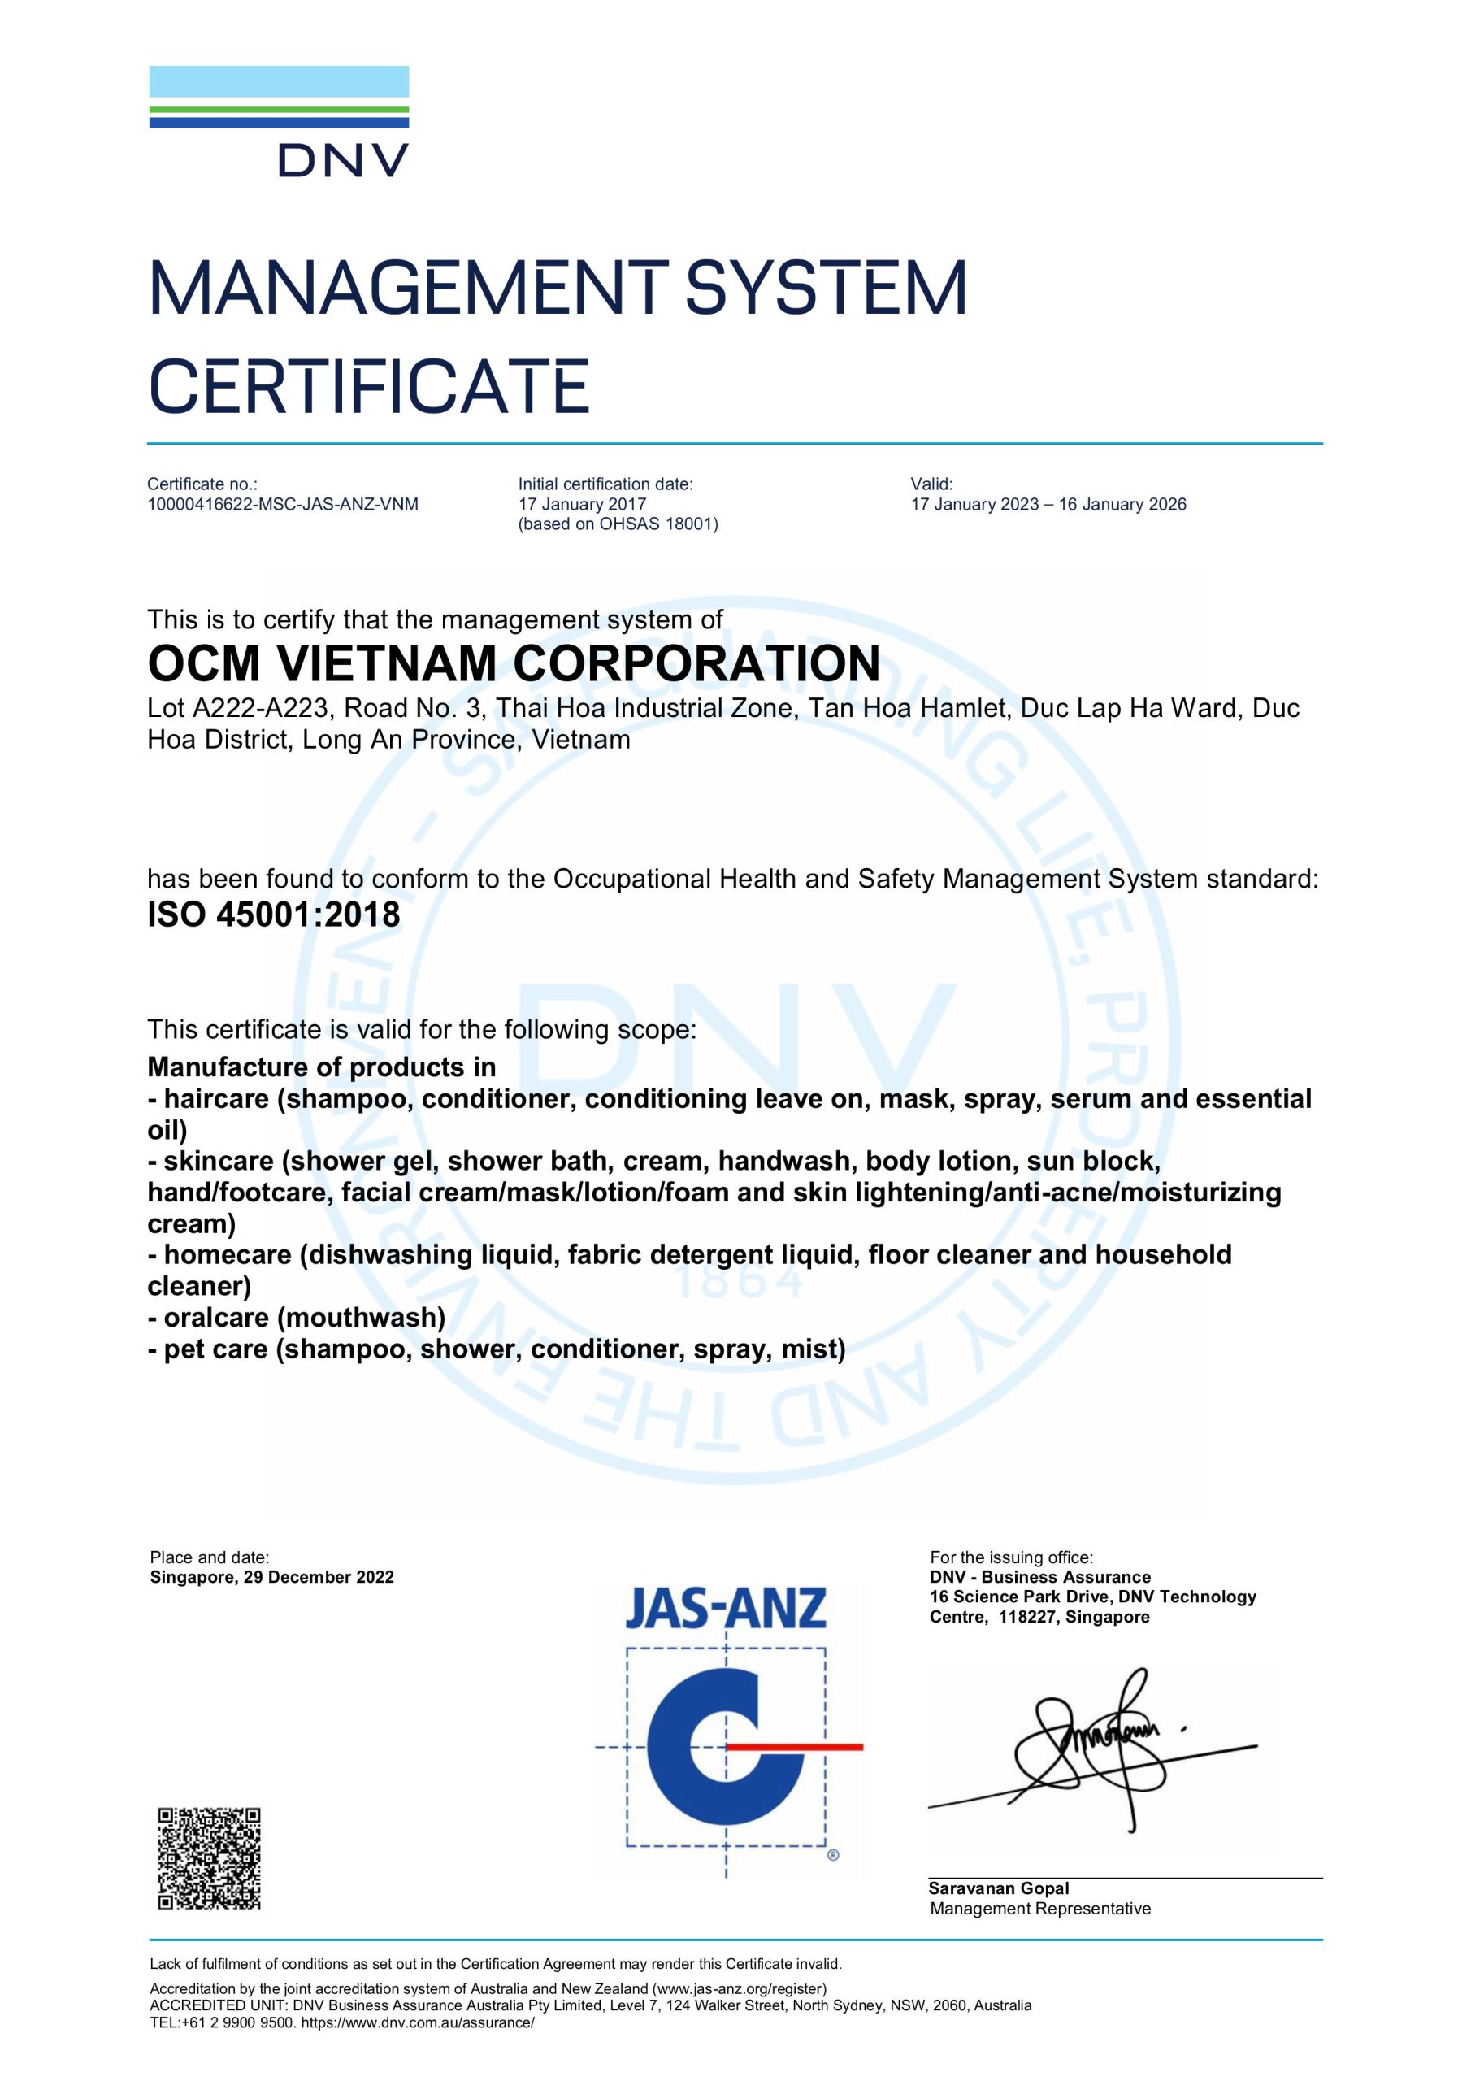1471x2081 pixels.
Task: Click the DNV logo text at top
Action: (343, 160)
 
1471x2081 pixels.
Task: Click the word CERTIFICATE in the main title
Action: (369, 386)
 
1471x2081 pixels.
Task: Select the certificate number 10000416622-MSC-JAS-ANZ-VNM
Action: (283, 505)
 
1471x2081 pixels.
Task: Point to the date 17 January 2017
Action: (582, 505)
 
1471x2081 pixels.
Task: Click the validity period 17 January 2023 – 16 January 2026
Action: (1048, 505)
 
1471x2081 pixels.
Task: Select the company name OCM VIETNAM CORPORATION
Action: (514, 663)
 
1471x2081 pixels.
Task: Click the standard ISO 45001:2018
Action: (274, 915)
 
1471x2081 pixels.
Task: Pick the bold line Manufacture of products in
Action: (322, 1067)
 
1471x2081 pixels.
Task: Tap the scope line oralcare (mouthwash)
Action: (297, 1317)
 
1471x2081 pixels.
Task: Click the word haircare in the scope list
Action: (217, 1098)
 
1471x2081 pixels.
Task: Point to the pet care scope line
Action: (497, 1349)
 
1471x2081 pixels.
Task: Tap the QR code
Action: (210, 1859)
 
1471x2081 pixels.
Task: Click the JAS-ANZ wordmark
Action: (726, 1609)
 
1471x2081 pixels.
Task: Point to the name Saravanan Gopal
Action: (999, 1888)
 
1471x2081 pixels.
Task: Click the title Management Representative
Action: (1039, 1909)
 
